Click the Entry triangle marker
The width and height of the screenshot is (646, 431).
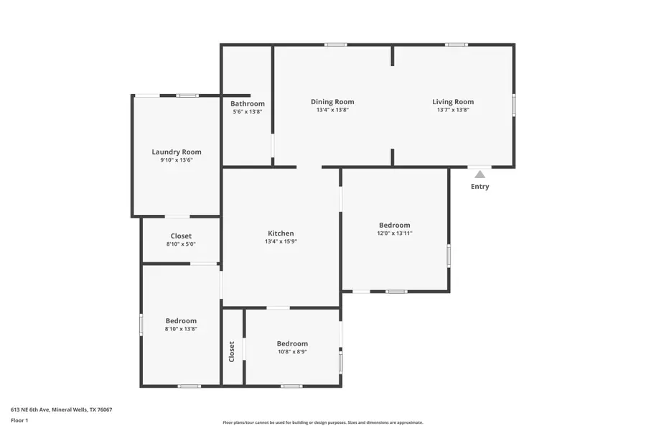pyautogui.click(x=479, y=175)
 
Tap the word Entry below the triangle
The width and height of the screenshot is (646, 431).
pyautogui.click(x=480, y=187)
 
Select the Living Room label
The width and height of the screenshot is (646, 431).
pyautogui.click(x=453, y=101)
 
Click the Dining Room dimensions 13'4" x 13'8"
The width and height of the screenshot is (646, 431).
pyautogui.click(x=332, y=110)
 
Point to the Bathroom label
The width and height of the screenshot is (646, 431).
pyautogui.click(x=248, y=103)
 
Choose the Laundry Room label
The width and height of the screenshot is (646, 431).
pyautogui.click(x=177, y=152)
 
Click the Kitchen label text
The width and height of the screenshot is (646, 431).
pyautogui.click(x=281, y=233)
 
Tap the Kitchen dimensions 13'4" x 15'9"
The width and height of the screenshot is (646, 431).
pyautogui.click(x=281, y=241)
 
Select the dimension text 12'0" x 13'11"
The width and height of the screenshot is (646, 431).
pyautogui.click(x=395, y=233)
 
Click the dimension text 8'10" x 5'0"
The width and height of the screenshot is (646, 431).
pyautogui.click(x=181, y=244)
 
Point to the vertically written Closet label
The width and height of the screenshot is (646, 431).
pyautogui.click(x=232, y=351)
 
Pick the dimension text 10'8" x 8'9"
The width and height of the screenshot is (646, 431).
pyautogui.click(x=292, y=352)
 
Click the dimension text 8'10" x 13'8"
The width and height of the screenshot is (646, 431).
pyautogui.click(x=181, y=329)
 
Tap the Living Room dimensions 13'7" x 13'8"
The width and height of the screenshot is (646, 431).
pyautogui.click(x=453, y=110)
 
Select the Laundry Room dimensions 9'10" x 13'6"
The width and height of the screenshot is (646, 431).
pyautogui.click(x=177, y=160)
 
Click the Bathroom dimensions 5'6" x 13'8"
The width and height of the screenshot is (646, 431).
pyautogui.click(x=248, y=111)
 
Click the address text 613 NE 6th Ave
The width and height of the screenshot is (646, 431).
pyautogui.click(x=30, y=409)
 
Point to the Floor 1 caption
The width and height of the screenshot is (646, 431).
pyautogui.click(x=19, y=420)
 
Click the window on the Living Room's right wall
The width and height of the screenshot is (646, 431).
pyautogui.click(x=514, y=105)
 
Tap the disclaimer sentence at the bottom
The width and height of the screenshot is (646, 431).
pyautogui.click(x=322, y=422)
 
